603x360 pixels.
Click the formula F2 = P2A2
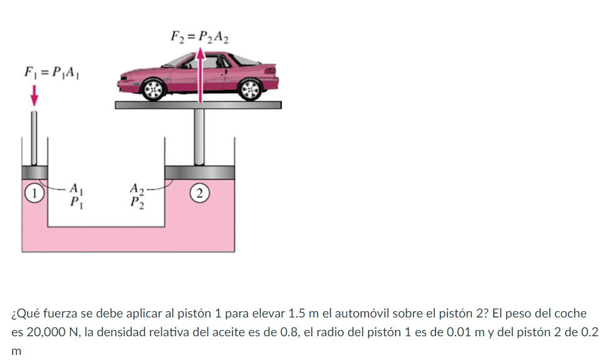[x=199, y=36]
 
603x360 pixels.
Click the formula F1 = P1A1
[x=51, y=73]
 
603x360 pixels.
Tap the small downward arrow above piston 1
[x=34, y=96]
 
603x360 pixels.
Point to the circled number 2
[x=199, y=192]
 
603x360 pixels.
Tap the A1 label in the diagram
[x=76, y=187]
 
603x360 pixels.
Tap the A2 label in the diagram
[x=137, y=187]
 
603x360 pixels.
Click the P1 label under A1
[x=76, y=202]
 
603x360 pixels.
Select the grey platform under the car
[x=198, y=105]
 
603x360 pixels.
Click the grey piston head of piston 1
[x=35, y=172]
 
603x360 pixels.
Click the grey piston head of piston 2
[x=199, y=172]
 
